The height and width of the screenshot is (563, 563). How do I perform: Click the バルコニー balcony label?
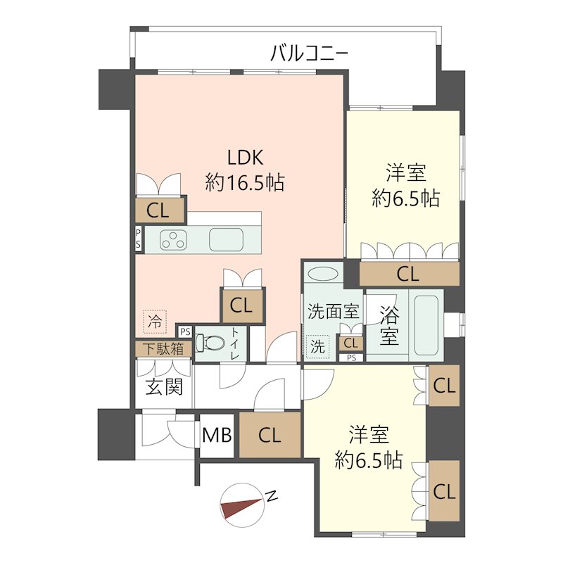pyautogui.click(x=309, y=53)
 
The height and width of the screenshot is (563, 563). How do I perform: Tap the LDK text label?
pyautogui.click(x=246, y=157)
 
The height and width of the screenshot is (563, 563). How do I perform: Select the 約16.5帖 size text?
pyautogui.click(x=245, y=182)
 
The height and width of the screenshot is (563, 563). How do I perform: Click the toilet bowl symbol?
pyautogui.click(x=209, y=343)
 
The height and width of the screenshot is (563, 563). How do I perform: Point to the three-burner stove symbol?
pyautogui.click(x=173, y=240)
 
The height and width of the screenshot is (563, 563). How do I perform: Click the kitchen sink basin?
pyautogui.click(x=226, y=239)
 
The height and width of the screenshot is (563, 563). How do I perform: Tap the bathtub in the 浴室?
pyautogui.click(x=426, y=325)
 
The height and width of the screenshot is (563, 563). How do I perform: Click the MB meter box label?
pyautogui.click(x=217, y=436)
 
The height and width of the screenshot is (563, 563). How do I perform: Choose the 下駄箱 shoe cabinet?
pyautogui.click(x=164, y=348)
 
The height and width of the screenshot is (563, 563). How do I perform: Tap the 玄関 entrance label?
pyautogui.click(x=164, y=387)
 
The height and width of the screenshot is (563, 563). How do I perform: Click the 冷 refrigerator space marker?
pyautogui.click(x=155, y=322)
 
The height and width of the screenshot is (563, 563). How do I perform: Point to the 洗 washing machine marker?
pyautogui.click(x=317, y=347)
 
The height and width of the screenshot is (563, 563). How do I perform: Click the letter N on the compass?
pyautogui.click(x=272, y=496)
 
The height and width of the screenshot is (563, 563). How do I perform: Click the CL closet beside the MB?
pyautogui.click(x=270, y=435)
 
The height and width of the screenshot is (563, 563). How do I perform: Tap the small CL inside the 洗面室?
pyautogui.click(x=350, y=343)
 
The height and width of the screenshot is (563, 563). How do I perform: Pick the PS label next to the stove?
pyautogui.click(x=138, y=239)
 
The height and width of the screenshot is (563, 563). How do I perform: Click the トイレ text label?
pyautogui.click(x=235, y=343)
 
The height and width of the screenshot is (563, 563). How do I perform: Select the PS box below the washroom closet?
pyautogui.click(x=351, y=358)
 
